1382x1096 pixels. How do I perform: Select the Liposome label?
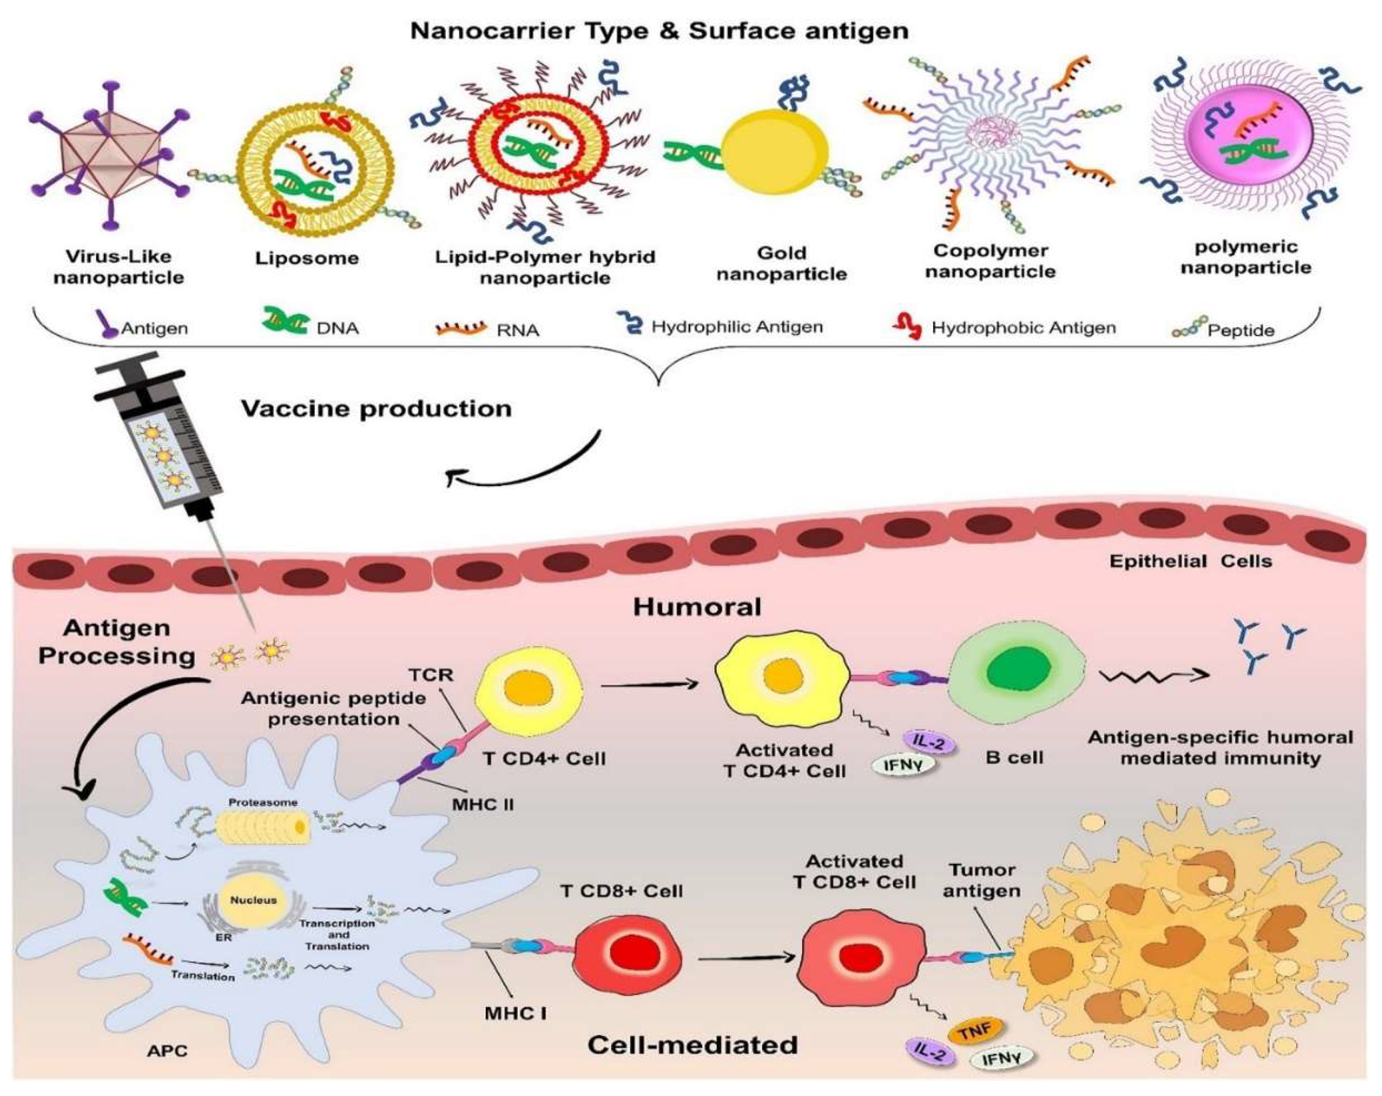click(x=306, y=258)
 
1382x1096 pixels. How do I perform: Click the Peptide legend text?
click(x=1241, y=331)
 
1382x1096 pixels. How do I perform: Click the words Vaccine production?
click(x=376, y=409)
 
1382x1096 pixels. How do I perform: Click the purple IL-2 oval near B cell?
click(x=929, y=743)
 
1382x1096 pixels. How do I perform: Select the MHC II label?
click(x=483, y=804)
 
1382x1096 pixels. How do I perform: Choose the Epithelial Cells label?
click(x=1190, y=562)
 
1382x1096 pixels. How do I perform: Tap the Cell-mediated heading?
click(x=692, y=1045)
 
